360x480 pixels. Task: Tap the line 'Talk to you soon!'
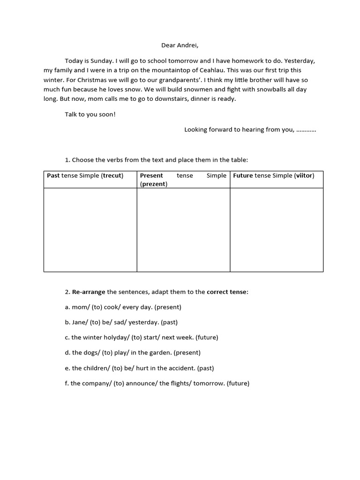tap(90, 114)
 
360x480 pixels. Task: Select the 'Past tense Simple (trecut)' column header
tap(85, 176)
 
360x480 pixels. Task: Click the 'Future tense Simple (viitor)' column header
tap(274, 176)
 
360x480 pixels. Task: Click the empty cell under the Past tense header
tap(90, 230)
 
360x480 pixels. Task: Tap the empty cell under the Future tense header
tap(277, 230)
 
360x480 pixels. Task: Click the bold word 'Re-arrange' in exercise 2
tap(89, 292)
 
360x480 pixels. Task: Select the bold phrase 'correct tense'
tap(227, 292)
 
